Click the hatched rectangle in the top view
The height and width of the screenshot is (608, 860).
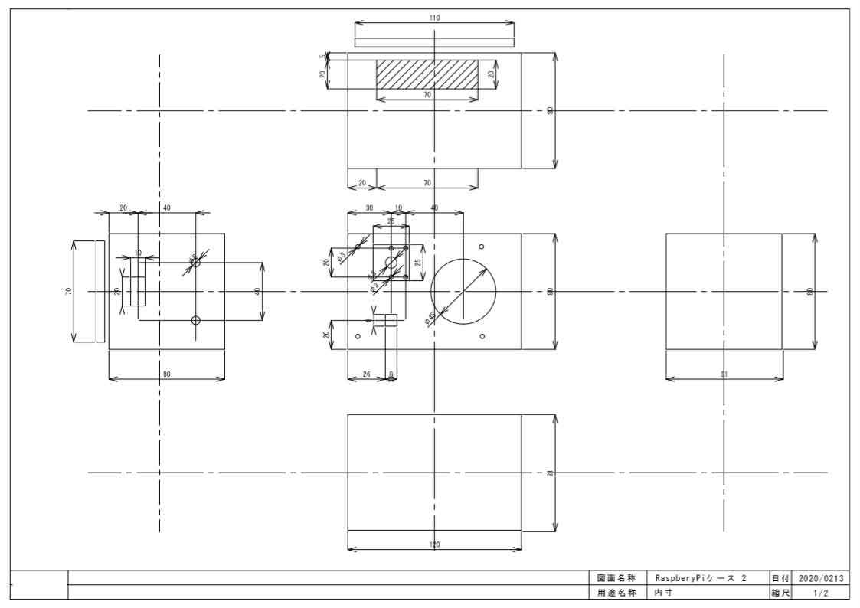(x=427, y=74)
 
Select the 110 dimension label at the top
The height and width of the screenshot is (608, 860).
(x=435, y=18)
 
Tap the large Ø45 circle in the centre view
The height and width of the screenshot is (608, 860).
(x=463, y=291)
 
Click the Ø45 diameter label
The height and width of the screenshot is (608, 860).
(x=431, y=318)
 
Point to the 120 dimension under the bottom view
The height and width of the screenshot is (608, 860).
(x=435, y=544)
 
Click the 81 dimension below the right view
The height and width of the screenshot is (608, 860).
(x=724, y=374)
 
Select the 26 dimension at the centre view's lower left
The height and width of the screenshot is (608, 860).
(x=365, y=374)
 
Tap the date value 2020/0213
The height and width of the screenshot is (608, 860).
(x=820, y=578)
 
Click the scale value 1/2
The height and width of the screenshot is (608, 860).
(x=820, y=593)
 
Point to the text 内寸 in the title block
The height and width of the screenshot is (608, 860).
(x=662, y=593)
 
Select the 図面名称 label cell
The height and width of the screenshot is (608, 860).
(x=616, y=578)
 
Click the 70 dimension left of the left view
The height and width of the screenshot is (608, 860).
(x=68, y=292)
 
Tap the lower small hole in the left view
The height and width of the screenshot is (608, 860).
(x=195, y=320)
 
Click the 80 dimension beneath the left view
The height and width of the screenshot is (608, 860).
(x=166, y=374)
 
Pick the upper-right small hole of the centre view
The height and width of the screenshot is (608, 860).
(x=482, y=247)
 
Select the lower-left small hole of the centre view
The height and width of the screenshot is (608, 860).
(x=358, y=336)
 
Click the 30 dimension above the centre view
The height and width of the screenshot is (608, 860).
(x=369, y=208)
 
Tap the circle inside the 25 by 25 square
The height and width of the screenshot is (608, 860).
(x=391, y=263)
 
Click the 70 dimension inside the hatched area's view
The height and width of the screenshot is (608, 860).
(x=427, y=95)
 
